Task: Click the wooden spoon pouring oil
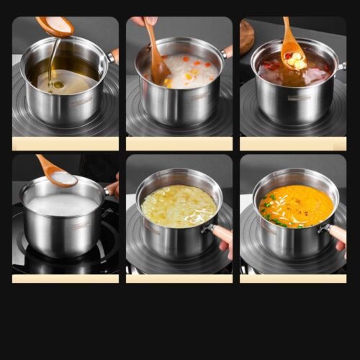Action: pyautogui.click(x=55, y=27)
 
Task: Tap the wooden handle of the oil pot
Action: pyautogui.click(x=113, y=55)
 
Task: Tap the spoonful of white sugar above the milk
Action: pyautogui.click(x=64, y=176)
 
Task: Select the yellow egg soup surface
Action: pyautogui.click(x=179, y=206)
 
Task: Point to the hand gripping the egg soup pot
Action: pyautogui.click(x=224, y=238)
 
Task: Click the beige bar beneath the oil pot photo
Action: pyautogui.click(x=66, y=143)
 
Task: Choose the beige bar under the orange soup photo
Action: pyautogui.click(x=292, y=278)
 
